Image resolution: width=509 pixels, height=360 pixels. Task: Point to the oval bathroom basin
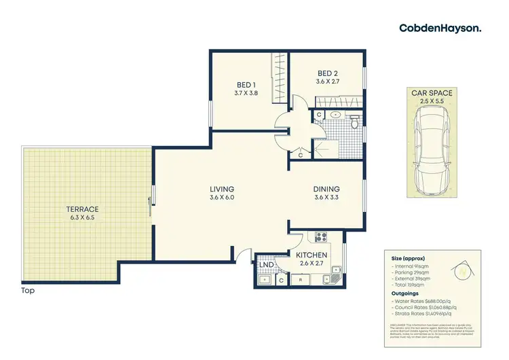336,115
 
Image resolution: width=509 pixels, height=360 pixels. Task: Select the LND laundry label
266,266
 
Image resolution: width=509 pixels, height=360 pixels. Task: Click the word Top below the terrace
28,291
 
